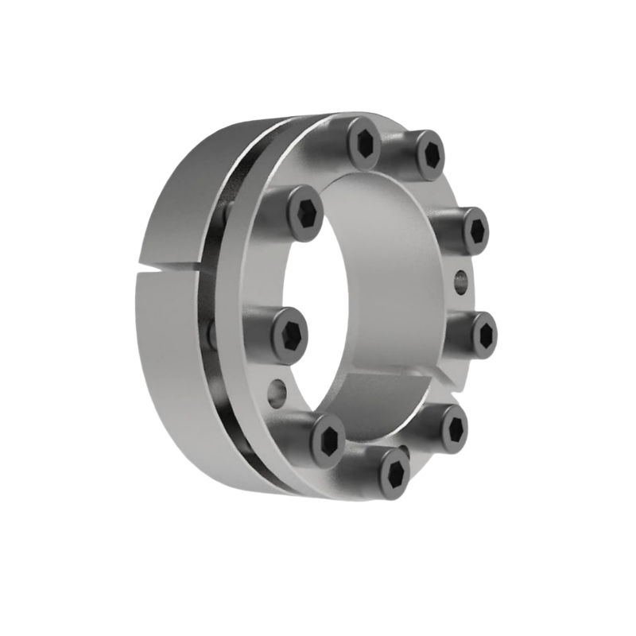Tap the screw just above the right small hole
click(x=475, y=230)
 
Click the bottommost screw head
click(x=394, y=474)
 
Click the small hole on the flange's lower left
click(x=275, y=392)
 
